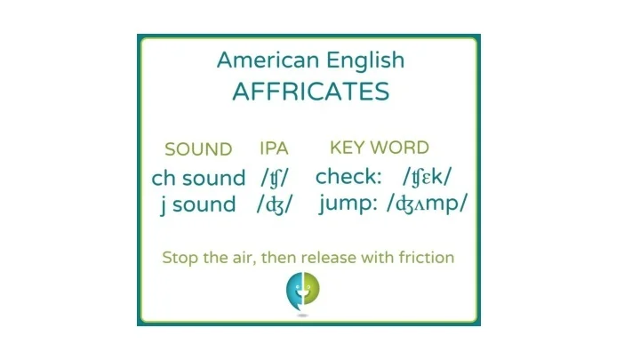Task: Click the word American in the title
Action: click(268, 60)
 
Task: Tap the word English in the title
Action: click(365, 60)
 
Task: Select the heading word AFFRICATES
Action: click(311, 92)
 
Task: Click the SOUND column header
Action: click(198, 149)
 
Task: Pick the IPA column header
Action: click(274, 148)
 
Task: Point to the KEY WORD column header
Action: click(380, 148)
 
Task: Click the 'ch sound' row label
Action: click(198, 179)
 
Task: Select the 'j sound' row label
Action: click(198, 204)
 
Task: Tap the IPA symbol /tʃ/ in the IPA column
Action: click(275, 178)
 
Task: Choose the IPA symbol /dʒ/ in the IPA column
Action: click(275, 204)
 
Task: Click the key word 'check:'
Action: click(348, 176)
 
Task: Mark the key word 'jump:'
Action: click(348, 204)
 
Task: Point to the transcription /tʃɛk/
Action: click(427, 177)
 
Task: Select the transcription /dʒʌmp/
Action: click(427, 204)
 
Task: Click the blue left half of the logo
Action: click(294, 290)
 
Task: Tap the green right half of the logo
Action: click(311, 289)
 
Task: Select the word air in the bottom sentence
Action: click(247, 259)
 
